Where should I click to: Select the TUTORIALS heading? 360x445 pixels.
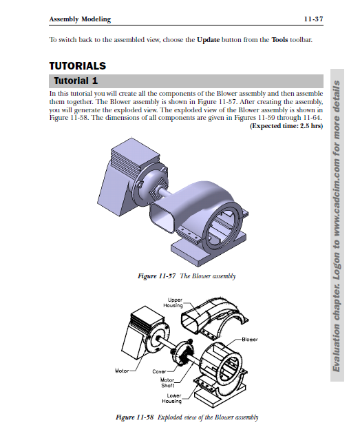pyautogui.click(x=78, y=67)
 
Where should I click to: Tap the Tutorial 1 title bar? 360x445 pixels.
pyautogui.click(x=186, y=81)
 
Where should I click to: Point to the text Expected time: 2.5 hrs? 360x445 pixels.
pyautogui.click(x=286, y=126)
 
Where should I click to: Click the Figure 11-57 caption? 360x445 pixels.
pyautogui.click(x=187, y=276)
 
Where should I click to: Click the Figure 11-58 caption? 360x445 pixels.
pyautogui.click(x=187, y=417)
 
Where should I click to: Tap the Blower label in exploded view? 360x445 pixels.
pyautogui.click(x=250, y=339)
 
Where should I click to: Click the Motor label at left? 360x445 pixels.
pyautogui.click(x=122, y=371)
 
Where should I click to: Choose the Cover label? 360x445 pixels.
pyautogui.click(x=160, y=371)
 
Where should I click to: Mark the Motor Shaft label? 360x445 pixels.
pyautogui.click(x=167, y=382)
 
